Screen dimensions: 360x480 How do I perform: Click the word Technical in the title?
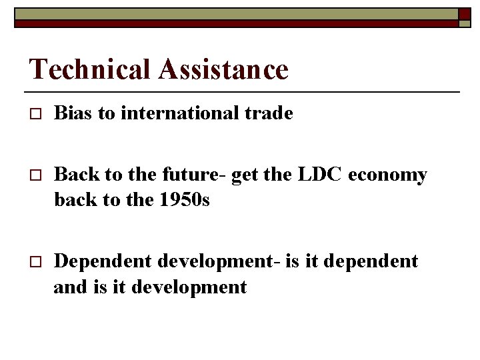91,69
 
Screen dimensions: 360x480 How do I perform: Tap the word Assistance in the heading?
223,69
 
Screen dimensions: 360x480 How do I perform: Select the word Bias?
73,113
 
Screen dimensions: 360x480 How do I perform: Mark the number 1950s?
185,199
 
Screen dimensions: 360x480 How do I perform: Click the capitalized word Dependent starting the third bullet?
103,261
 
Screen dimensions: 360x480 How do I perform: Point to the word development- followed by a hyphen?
218,261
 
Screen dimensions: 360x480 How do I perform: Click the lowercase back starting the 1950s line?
73,199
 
